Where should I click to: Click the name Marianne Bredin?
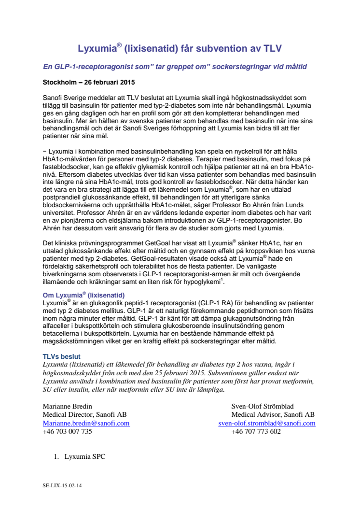point(68,406)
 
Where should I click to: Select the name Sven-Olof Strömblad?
point(263,406)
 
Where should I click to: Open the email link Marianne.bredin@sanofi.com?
point(86,423)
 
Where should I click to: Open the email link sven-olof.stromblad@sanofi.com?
point(267,423)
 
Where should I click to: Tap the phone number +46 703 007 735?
point(68,431)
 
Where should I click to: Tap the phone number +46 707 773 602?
point(256,431)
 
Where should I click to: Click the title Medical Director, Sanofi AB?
point(85,414)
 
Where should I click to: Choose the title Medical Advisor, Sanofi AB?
point(273,414)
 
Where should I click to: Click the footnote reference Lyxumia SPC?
point(85,456)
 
